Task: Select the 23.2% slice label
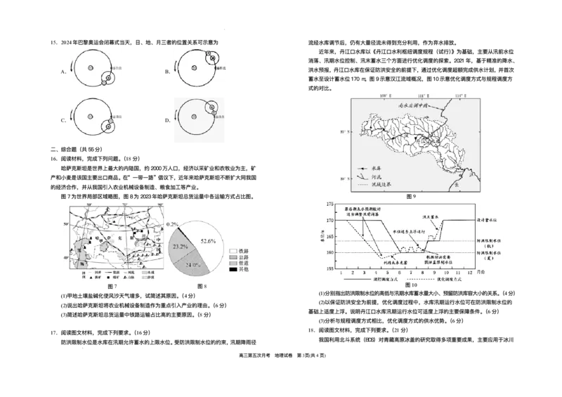(x=178, y=247)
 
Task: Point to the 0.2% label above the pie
(x=171, y=224)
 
